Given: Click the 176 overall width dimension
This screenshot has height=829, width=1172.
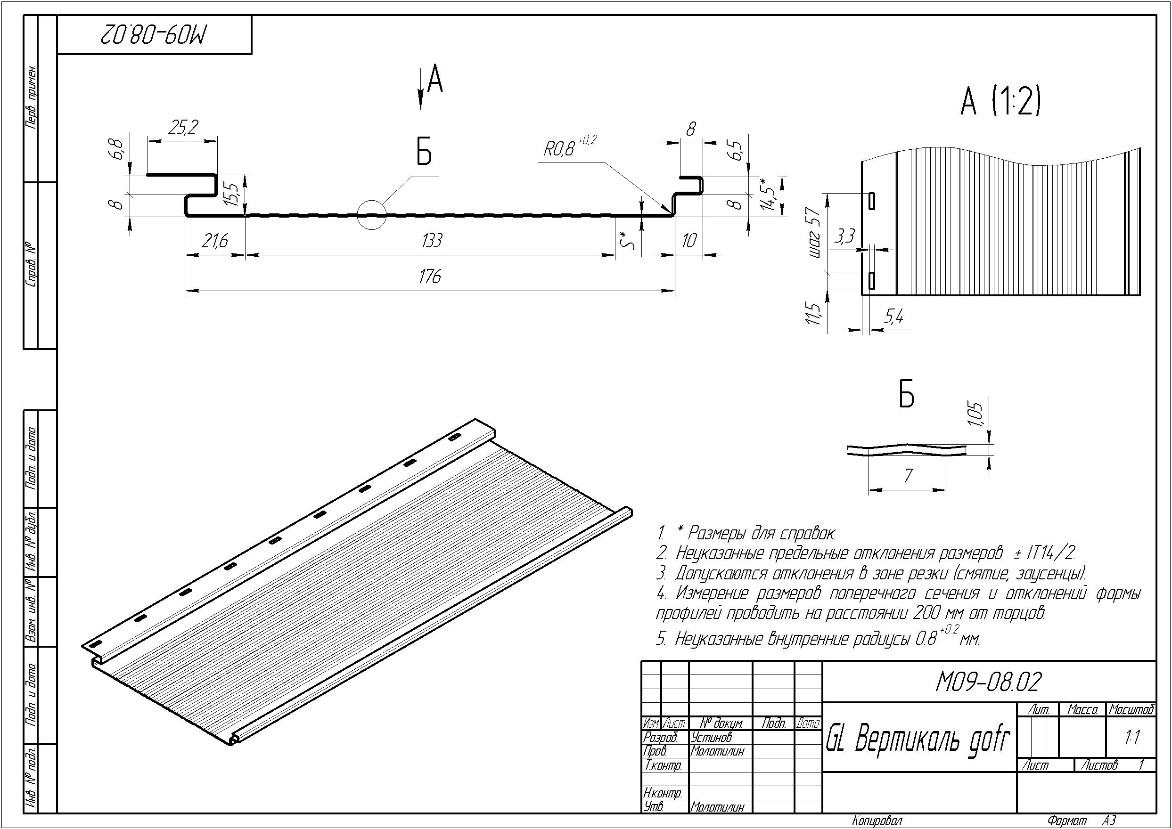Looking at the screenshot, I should click(429, 277).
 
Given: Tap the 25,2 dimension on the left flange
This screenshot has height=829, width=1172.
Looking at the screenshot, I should click(183, 127).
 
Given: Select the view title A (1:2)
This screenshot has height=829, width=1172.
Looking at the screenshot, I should click(1000, 102).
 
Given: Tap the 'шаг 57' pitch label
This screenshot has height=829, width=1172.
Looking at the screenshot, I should click(815, 232).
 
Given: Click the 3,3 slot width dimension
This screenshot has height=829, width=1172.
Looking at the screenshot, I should click(844, 237).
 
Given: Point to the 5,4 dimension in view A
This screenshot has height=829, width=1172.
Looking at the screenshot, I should click(893, 317).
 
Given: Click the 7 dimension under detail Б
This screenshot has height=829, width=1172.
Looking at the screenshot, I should click(908, 476).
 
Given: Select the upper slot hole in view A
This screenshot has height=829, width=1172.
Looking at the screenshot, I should click(871, 201).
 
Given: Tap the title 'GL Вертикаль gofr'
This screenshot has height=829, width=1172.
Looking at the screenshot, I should click(918, 739).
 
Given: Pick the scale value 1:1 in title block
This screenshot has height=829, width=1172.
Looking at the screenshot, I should click(1132, 738).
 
